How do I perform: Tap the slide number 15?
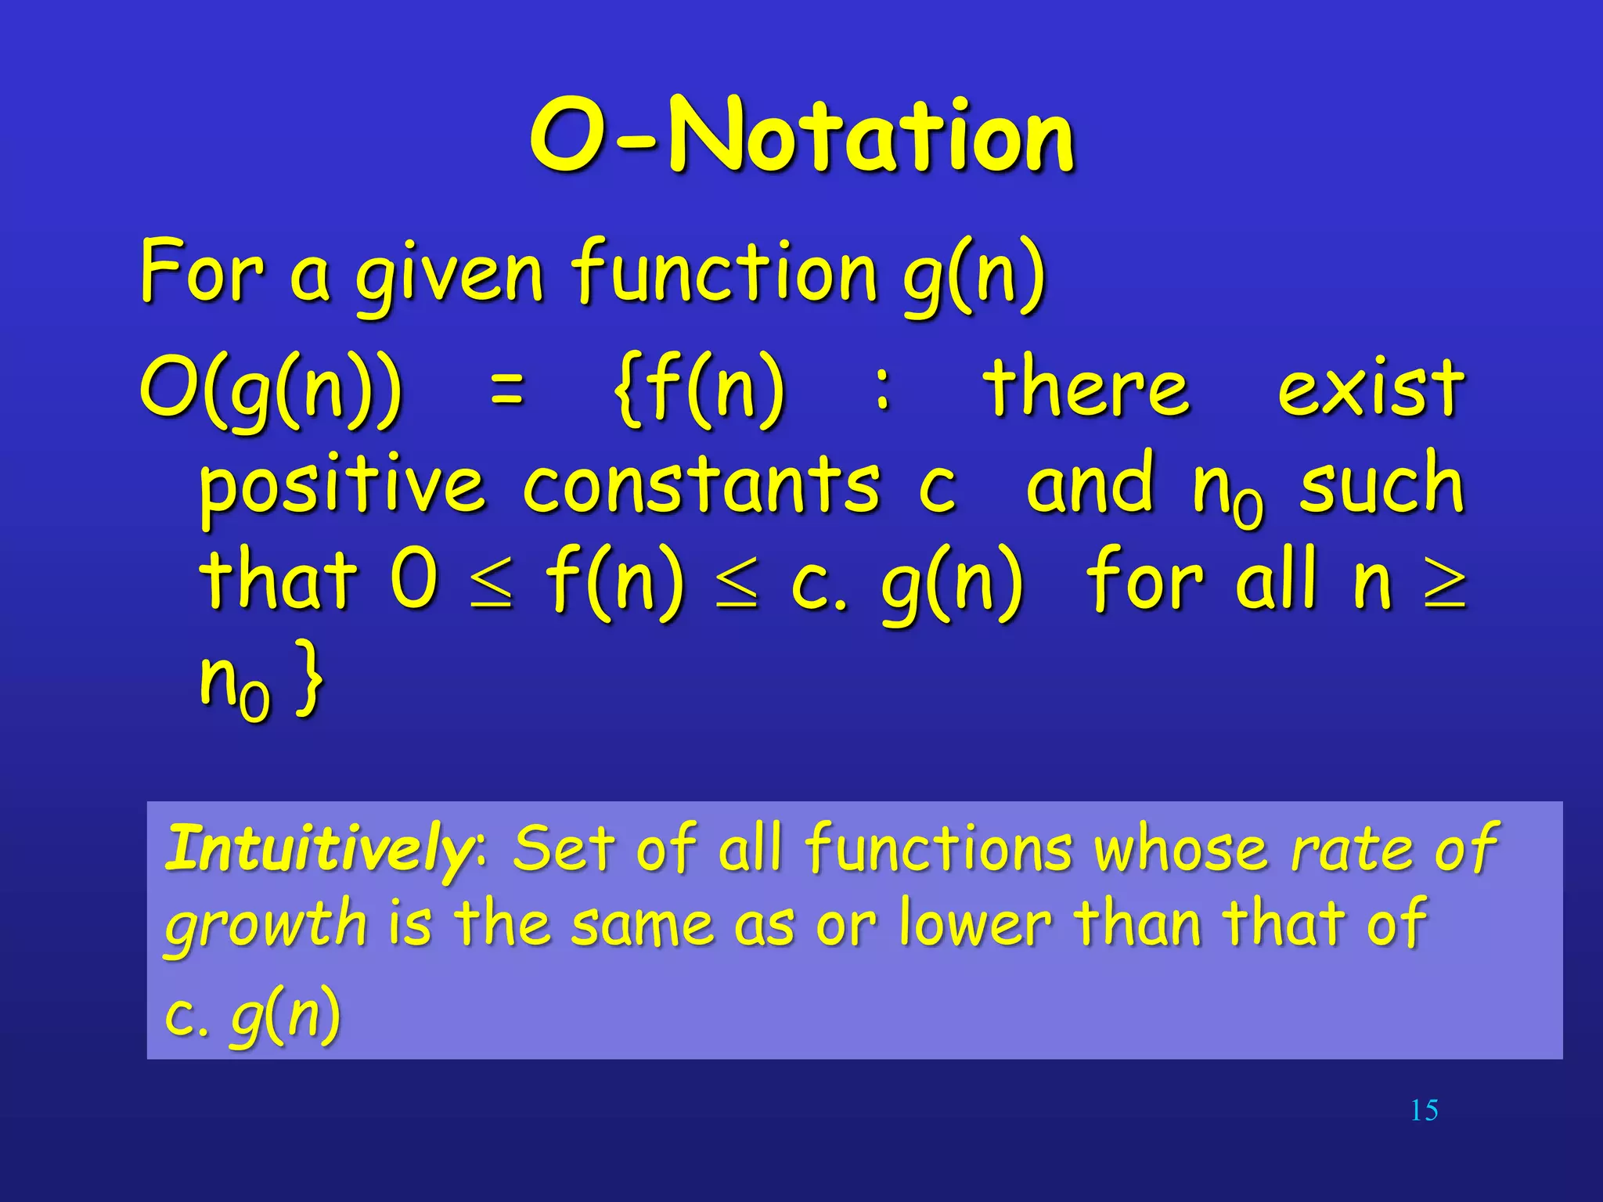(1424, 1110)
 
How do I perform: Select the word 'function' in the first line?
(725, 271)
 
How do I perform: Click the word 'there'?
(1086, 387)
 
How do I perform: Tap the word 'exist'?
(1370, 387)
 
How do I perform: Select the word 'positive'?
(342, 487)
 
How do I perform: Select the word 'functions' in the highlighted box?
(938, 848)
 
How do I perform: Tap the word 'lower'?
(974, 923)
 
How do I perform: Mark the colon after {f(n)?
(882, 389)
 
